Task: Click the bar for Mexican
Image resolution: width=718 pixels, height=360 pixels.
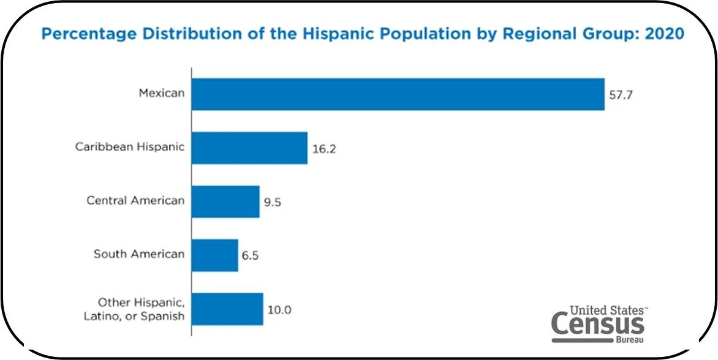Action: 398,94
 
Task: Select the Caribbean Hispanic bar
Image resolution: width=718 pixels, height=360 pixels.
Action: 249,148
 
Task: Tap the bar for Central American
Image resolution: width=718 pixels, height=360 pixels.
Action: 225,201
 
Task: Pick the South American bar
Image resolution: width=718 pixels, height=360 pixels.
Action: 214,255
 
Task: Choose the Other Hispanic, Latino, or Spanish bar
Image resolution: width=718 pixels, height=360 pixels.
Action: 227,309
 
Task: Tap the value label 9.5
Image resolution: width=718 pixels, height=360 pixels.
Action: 273,202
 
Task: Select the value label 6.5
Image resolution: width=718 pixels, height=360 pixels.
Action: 251,255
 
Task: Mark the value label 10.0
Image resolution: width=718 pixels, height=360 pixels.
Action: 279,309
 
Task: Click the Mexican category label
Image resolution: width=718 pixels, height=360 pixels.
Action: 161,94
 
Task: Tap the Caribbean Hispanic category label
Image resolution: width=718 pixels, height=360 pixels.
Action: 130,147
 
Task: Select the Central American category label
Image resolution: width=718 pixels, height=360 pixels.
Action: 135,201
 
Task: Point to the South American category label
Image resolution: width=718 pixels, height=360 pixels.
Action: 139,253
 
